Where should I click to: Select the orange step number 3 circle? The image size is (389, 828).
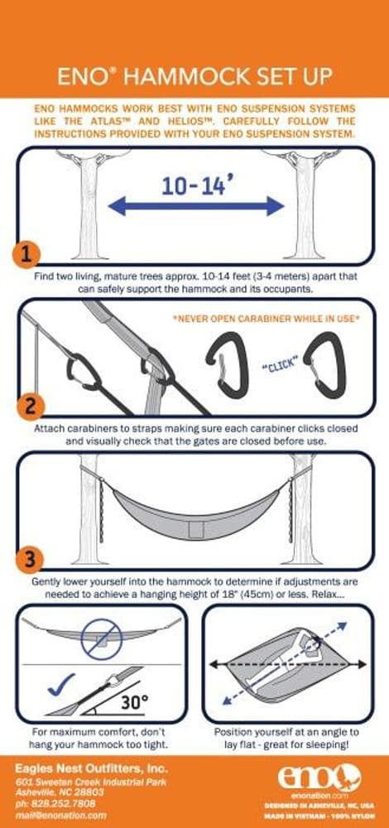point(29,559)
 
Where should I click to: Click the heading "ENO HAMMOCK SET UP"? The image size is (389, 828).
point(194,77)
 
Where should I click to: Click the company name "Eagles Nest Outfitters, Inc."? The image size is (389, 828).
point(79,769)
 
